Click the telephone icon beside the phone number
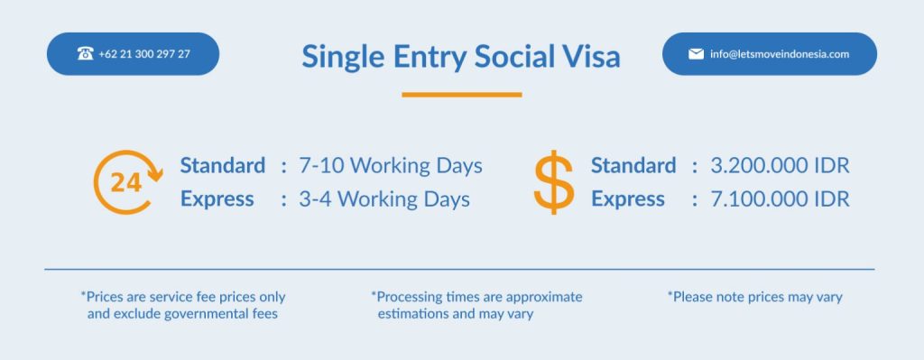85,53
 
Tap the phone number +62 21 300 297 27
144,54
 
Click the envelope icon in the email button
696,54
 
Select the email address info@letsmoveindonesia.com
780,54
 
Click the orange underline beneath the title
462,94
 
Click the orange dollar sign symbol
553,182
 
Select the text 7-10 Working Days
391,166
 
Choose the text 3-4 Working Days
384,199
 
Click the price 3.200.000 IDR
780,166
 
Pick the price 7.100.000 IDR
780,199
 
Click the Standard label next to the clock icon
223,166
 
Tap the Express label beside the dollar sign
628,199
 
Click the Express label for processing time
217,199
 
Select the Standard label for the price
633,166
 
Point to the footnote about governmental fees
182,305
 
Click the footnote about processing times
476,305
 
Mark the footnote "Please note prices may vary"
755,297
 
